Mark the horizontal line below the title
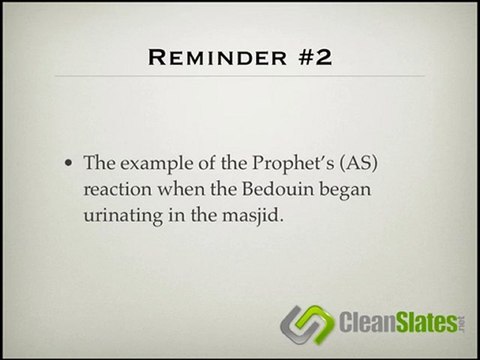click(x=239, y=84)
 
